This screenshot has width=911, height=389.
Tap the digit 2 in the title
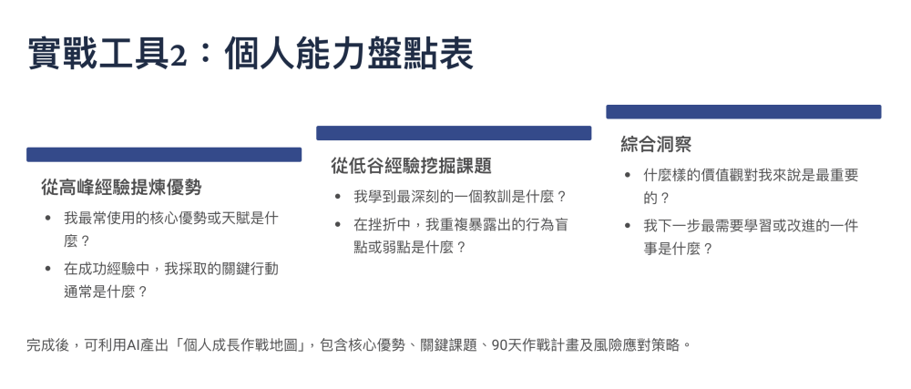click(x=179, y=56)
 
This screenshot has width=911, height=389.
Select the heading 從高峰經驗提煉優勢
click(x=121, y=188)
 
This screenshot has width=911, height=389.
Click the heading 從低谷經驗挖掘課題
click(x=412, y=166)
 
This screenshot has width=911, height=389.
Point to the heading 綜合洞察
click(x=656, y=145)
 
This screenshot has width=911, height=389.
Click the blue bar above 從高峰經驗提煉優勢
click(x=164, y=155)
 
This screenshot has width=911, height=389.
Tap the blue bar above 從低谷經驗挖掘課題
click(x=454, y=133)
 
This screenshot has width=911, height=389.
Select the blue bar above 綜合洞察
click(x=743, y=111)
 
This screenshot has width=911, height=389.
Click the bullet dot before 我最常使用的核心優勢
click(x=47, y=219)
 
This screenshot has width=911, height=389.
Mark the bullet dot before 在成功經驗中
click(x=47, y=269)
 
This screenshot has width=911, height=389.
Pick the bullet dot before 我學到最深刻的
click(x=338, y=197)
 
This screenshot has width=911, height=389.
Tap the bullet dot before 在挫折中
click(x=338, y=225)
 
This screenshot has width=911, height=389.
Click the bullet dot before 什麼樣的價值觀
click(x=628, y=175)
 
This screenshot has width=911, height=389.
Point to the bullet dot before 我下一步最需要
click(x=628, y=226)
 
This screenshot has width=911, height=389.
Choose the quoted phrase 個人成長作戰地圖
click(x=243, y=345)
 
